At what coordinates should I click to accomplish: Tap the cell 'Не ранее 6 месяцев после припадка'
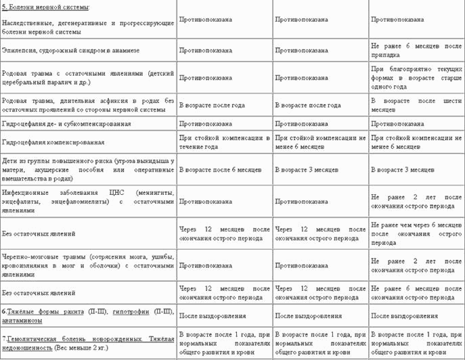click(416, 49)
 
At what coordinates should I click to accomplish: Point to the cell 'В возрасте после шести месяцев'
click(416, 105)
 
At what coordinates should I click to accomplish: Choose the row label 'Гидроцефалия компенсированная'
click(53, 142)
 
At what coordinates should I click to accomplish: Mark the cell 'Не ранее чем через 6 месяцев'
click(416, 233)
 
